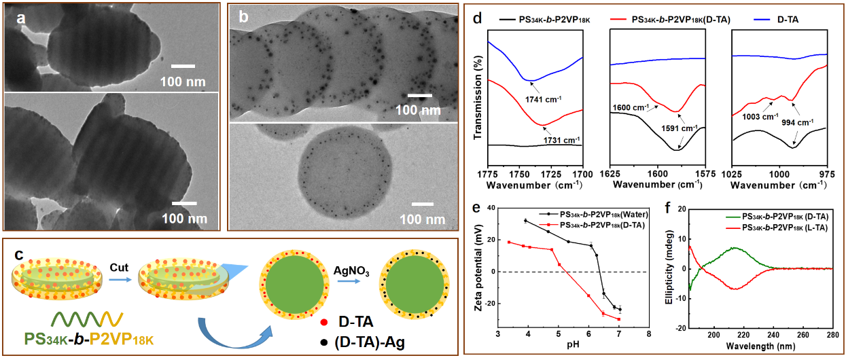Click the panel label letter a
(21, 19)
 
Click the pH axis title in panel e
(573, 346)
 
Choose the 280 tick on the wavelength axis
(834, 334)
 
